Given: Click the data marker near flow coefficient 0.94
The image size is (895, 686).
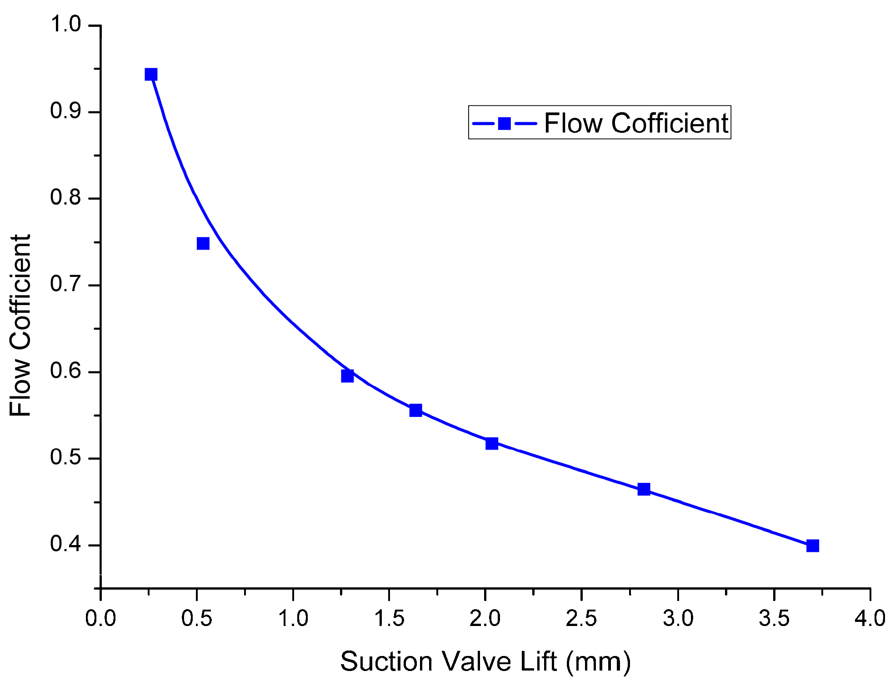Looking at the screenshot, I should coord(151,75).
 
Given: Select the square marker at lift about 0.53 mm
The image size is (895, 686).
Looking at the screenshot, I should coord(203,244).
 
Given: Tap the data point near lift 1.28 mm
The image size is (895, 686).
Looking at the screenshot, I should coord(347,376).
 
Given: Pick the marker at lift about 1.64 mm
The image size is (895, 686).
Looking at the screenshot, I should coord(415,410).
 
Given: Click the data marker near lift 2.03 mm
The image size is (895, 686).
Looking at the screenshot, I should coord(491,443).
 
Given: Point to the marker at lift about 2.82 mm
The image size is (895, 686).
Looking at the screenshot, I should coord(644,489).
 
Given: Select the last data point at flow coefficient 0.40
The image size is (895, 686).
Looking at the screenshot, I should coord(812,546).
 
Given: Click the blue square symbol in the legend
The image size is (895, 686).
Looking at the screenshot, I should coord(504,123).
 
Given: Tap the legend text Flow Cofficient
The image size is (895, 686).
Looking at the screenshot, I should coord(636,123).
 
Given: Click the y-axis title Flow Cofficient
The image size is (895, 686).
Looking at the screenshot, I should coord(20,325).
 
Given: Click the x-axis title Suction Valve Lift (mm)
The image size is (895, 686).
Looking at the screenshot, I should coord(485,661).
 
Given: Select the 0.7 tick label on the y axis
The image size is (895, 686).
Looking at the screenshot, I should coord(65,284).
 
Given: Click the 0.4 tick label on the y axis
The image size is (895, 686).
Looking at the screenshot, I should coord(65,544).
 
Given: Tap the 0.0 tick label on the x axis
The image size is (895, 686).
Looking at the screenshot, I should coord(100,619).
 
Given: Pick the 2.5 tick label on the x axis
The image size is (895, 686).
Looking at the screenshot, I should coord(581,619).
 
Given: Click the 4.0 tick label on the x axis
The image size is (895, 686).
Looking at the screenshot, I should coord(870,619).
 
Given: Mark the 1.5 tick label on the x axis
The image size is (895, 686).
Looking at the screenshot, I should coord(389,619).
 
